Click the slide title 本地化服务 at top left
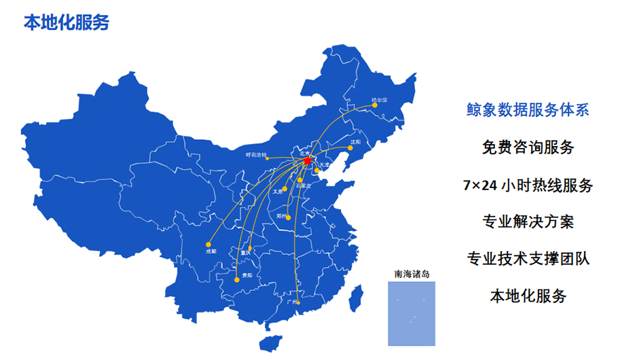(67, 22)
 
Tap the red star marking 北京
(307, 160)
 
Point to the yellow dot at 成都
(208, 244)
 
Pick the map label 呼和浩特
(257, 156)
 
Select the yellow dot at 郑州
(289, 217)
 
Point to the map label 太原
(276, 192)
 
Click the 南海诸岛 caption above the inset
(412, 274)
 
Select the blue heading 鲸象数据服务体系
(528, 109)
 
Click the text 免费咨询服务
(528, 147)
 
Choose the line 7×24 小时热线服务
(528, 184)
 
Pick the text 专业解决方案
(528, 221)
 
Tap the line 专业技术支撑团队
(528, 259)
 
